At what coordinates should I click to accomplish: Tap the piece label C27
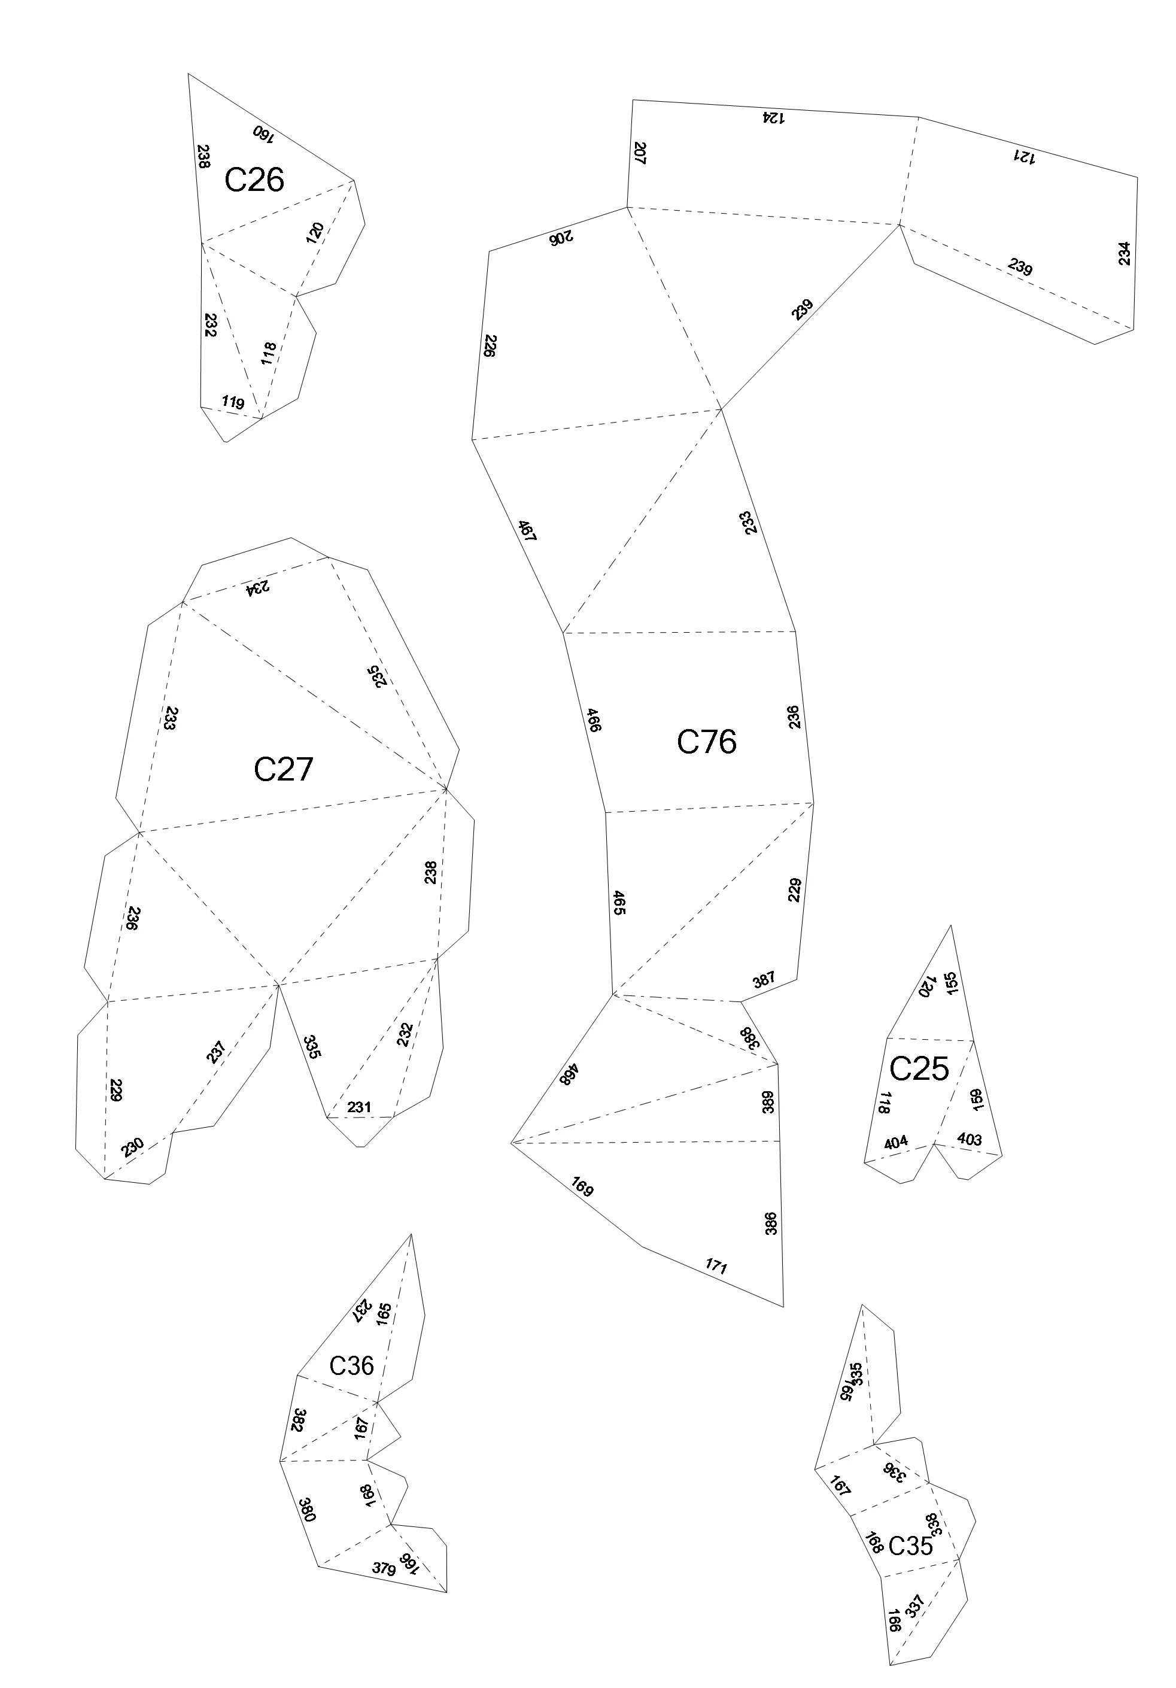[283, 769]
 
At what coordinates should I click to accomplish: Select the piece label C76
[706, 741]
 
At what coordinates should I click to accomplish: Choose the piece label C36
[351, 1365]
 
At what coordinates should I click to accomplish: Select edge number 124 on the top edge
[773, 116]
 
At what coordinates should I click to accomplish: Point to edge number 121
[1024, 157]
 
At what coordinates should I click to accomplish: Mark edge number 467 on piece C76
[527, 531]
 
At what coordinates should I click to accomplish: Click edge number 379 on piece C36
[383, 1568]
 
